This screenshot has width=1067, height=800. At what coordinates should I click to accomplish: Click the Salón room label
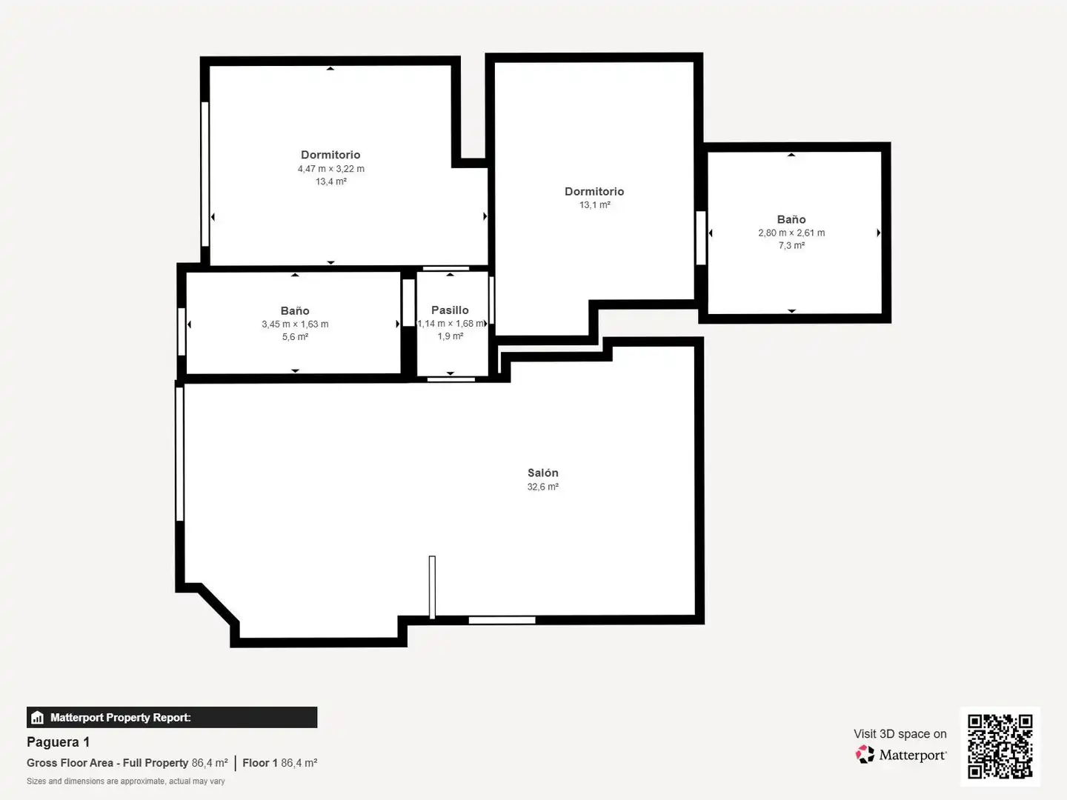pyautogui.click(x=542, y=473)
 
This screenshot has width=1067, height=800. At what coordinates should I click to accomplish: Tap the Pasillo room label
pyautogui.click(x=450, y=310)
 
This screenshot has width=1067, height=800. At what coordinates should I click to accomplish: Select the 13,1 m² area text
pyautogui.click(x=594, y=205)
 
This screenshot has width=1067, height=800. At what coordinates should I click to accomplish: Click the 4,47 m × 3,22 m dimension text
pyautogui.click(x=331, y=169)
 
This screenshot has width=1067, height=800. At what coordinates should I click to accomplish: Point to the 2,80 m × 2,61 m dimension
pyautogui.click(x=791, y=233)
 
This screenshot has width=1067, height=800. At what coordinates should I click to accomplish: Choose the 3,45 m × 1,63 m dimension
pyautogui.click(x=295, y=324)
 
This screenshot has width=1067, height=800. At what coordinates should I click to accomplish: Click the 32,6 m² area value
pyautogui.click(x=542, y=487)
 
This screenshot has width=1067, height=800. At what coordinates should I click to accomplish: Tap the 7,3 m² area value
pyautogui.click(x=791, y=245)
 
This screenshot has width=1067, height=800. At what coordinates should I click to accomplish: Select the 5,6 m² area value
pyautogui.click(x=295, y=336)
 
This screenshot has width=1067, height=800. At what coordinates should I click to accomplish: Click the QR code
pyautogui.click(x=1000, y=747)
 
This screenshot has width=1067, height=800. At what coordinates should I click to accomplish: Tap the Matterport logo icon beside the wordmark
pyautogui.click(x=865, y=754)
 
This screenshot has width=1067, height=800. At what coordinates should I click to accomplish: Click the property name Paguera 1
pyautogui.click(x=59, y=741)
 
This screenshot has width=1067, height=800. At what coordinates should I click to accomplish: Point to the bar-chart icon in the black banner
pyautogui.click(x=38, y=718)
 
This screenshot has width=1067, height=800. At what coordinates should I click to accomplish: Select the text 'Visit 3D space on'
pyautogui.click(x=900, y=733)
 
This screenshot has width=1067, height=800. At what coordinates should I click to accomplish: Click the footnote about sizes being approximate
pyautogui.click(x=125, y=781)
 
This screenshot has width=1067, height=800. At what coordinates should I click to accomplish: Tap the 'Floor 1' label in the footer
pyautogui.click(x=260, y=763)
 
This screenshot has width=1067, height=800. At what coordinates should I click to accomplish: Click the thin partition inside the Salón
pyautogui.click(x=432, y=587)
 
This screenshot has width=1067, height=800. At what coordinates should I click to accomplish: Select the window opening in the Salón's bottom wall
pyautogui.click(x=502, y=620)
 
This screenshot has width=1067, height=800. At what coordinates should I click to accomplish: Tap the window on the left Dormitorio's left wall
pyautogui.click(x=205, y=174)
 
